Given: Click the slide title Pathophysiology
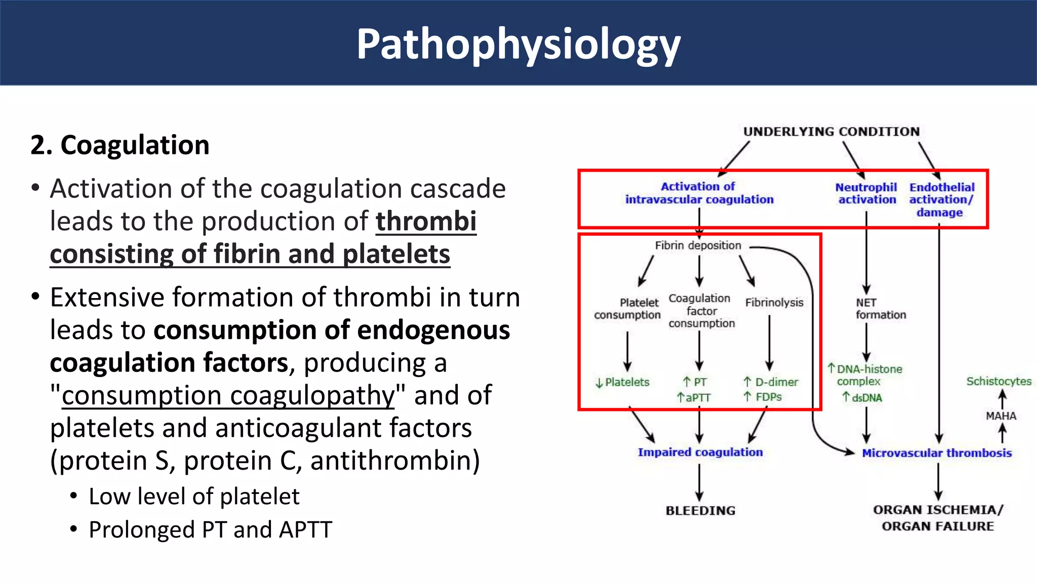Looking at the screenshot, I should [518, 45].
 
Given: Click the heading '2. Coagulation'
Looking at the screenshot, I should [120, 145].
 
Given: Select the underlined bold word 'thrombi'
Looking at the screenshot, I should [426, 221].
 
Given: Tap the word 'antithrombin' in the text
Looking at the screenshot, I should [394, 461].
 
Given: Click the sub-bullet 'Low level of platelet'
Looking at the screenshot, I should [194, 496].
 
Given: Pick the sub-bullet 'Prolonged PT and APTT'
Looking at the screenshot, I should [210, 530].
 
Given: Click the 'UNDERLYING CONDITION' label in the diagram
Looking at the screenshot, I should [831, 132].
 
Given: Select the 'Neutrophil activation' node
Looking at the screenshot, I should [866, 193].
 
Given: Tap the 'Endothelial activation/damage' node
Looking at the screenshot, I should [941, 199].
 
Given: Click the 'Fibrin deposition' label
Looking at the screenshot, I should [698, 245].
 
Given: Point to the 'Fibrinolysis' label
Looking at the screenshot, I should [774, 303].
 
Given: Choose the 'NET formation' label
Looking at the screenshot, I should [880, 309].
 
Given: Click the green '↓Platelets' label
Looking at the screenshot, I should [622, 383].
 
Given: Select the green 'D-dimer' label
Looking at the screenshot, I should [776, 382].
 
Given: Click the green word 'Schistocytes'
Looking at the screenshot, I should [999, 381].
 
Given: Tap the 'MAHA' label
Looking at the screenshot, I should [1001, 416].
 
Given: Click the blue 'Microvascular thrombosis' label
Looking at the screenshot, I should [937, 453].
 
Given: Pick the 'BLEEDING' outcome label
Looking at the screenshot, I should [700, 511].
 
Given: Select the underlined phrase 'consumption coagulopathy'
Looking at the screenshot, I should [228, 395].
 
